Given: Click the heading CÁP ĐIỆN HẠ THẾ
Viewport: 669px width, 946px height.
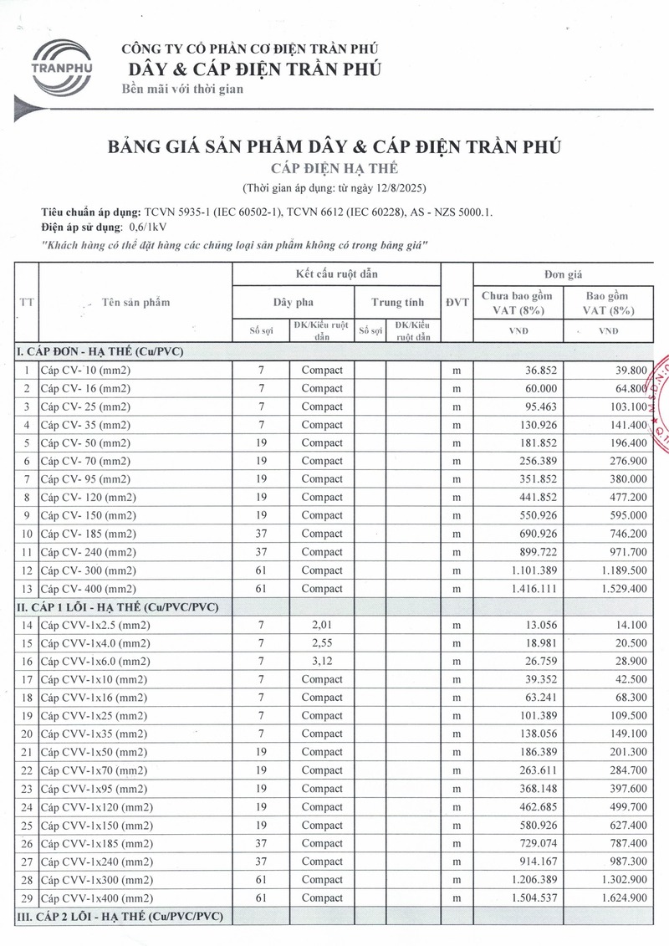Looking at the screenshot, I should click(x=334, y=168).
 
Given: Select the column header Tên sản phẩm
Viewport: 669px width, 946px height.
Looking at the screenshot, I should click(x=135, y=302).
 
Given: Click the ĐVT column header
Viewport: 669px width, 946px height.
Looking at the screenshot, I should click(x=457, y=302).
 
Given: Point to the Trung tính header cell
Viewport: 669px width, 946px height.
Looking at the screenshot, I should click(x=397, y=302).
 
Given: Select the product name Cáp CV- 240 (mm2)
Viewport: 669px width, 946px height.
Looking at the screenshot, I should click(x=89, y=552).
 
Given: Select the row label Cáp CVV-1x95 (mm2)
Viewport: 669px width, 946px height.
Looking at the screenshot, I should click(x=92, y=789).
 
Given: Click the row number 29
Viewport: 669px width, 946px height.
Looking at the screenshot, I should click(x=27, y=898).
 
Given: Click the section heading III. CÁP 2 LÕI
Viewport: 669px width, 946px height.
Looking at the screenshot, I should click(x=120, y=917).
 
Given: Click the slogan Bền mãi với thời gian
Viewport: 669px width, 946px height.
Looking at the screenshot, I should click(x=182, y=89).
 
